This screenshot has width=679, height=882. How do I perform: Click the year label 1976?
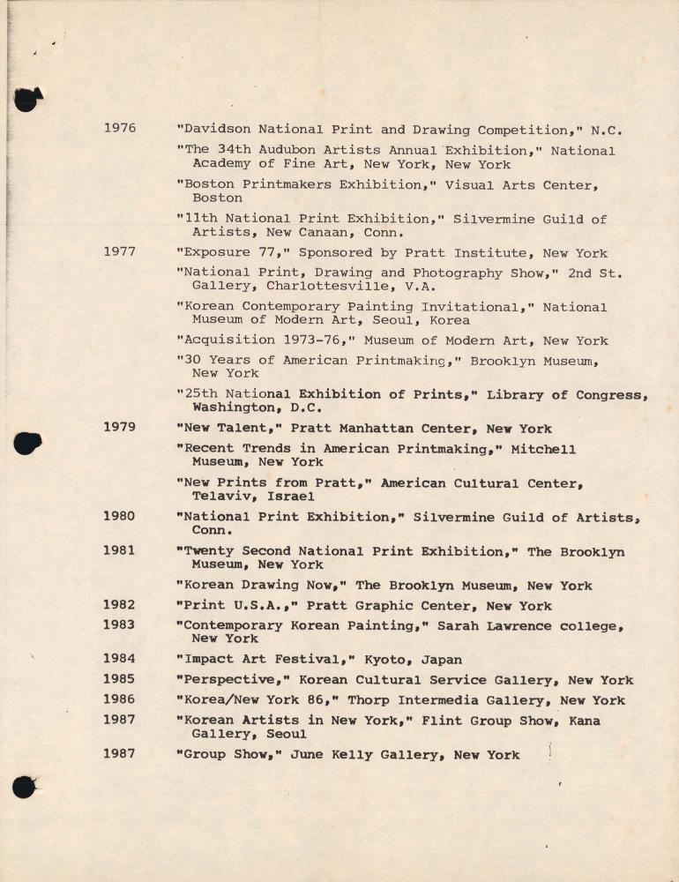coord(120,129)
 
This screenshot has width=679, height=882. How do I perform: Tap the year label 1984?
coord(120,659)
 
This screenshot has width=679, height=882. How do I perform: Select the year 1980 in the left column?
coord(120,516)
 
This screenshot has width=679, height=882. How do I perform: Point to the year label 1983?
coord(120,624)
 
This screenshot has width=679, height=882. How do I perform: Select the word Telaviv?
coord(220,497)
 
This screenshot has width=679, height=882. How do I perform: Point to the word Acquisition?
coord(226,340)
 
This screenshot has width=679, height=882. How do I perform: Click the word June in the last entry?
coord(307,754)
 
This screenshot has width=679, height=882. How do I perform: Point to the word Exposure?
coord(213,252)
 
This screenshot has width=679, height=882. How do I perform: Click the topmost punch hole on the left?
coord(27,99)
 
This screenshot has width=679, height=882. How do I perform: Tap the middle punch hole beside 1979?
coord(27,443)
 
